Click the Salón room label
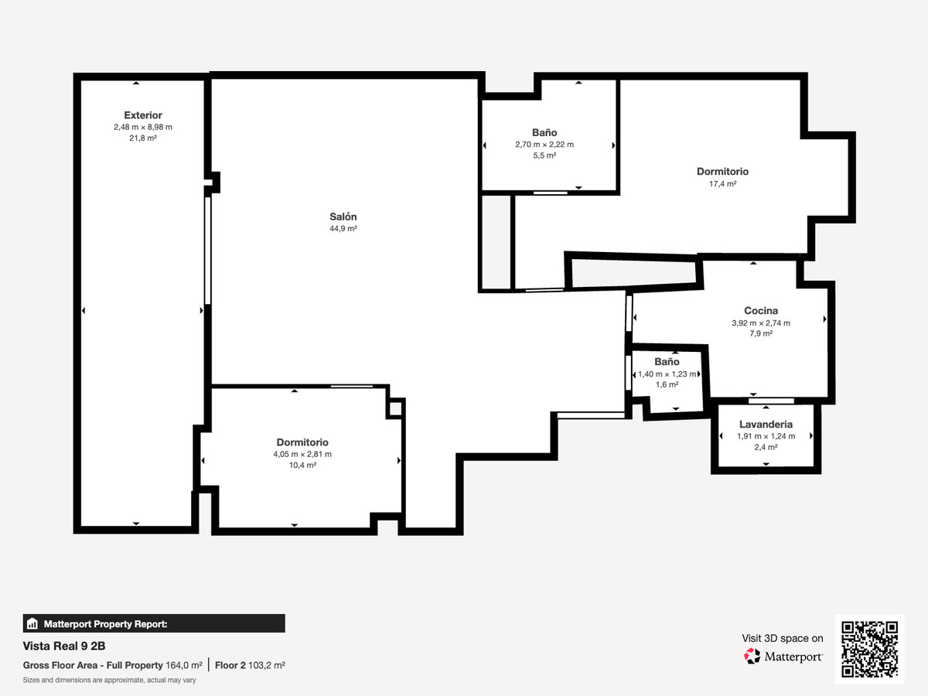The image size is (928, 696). point(343,217)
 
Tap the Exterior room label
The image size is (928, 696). point(143,115)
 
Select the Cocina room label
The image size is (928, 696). point(761,311)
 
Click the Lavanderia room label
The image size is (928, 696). point(766,425)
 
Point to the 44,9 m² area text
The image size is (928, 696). point(343,230)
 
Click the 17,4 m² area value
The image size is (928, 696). point(722,184)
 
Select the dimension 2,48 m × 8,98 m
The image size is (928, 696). point(143,127)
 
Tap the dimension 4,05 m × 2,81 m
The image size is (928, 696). point(302,455)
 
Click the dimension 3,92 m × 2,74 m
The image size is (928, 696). point(761,323)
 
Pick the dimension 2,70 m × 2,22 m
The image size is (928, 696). point(544,145)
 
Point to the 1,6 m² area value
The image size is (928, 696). point(667,384)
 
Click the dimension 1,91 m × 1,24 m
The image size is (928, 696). point(766,436)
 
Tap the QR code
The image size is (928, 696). point(869,650)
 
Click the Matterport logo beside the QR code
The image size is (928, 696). point(783,657)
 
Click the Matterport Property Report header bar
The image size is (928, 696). point(154,623)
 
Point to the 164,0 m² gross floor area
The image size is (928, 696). point(184,665)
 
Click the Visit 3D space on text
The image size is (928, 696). point(783,638)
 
